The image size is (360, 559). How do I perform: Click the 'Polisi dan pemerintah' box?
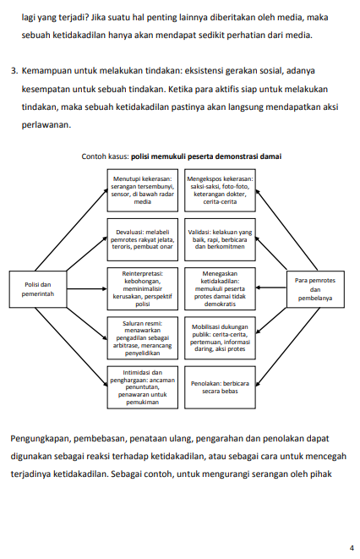coord(38,289)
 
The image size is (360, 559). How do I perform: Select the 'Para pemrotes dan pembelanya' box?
coord(315,289)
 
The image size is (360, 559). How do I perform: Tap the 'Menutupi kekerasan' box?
coord(143,190)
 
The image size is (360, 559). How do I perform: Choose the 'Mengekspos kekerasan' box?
coord(220,190)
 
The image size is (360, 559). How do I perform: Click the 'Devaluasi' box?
coord(143,239)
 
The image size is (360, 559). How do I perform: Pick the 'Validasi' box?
coord(220,239)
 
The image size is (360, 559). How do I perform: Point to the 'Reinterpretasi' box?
coord(143,288)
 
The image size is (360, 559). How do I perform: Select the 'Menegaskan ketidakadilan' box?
coord(220,288)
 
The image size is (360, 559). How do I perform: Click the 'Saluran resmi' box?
coord(143,338)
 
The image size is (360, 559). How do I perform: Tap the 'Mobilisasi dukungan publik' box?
coord(220,338)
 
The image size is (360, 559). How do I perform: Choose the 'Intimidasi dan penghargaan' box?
coord(143,387)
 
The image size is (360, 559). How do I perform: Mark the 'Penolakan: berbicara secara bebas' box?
coord(220,387)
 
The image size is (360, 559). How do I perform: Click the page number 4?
coord(352,548)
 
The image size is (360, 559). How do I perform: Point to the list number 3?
coord(14,70)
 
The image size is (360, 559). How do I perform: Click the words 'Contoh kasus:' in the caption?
coord(105,156)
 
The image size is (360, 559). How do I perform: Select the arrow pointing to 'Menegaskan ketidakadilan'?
coord(271,288)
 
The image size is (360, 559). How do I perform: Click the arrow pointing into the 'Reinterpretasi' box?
coord(87,288)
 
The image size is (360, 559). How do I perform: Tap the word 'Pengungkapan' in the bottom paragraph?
coord(40,439)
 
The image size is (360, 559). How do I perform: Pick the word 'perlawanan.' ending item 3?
coord(46,125)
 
